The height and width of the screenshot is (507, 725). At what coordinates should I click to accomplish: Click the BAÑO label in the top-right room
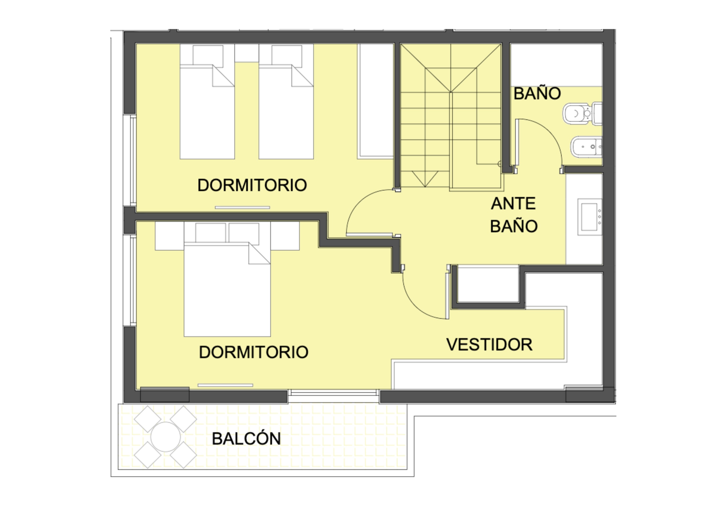537,93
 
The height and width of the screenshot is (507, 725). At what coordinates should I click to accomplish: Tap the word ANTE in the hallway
513,204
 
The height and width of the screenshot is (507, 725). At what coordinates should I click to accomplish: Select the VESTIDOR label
489,345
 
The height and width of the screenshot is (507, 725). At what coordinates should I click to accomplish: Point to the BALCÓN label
246,438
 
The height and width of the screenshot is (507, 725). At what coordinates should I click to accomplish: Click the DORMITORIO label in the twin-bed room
252,185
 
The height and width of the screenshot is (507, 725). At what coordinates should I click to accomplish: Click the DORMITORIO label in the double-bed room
254,352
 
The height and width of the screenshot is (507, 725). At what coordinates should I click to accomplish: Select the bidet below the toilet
586,147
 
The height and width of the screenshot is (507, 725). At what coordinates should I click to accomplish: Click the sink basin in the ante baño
589,217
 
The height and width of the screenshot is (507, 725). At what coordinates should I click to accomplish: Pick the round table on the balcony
166,437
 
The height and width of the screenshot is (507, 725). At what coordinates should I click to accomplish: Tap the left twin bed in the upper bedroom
207,102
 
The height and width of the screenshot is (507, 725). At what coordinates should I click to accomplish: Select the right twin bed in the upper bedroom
286,102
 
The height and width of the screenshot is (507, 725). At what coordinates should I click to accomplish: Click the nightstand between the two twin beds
246,53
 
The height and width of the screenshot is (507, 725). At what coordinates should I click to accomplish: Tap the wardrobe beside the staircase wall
376,101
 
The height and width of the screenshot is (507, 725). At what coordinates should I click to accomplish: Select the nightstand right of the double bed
285,236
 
